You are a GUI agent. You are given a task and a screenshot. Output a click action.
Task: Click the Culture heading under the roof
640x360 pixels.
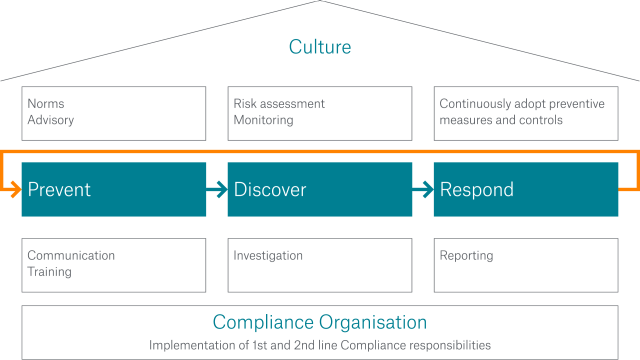320,47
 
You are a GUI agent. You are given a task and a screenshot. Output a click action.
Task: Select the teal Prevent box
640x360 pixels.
114,189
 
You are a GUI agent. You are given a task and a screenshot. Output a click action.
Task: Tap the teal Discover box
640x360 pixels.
320,189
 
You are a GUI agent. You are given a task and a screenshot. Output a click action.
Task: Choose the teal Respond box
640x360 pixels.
520,189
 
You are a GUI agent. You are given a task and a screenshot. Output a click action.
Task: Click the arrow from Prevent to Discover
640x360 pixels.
217,189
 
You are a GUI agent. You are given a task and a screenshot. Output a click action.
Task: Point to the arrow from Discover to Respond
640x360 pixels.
423,189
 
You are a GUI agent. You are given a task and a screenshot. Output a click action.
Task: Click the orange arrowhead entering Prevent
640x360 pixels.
15,189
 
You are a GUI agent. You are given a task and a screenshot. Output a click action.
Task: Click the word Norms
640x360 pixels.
46,104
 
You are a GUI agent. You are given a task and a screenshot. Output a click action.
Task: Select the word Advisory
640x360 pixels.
51,120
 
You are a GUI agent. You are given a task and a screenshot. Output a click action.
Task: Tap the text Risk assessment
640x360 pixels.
279,104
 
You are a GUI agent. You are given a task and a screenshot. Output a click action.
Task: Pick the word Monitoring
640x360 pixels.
263,120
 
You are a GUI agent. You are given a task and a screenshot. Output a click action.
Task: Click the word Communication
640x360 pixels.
71,255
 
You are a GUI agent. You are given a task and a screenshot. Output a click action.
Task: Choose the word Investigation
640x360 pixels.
268,255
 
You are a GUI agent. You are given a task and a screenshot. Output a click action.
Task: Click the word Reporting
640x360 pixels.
466,255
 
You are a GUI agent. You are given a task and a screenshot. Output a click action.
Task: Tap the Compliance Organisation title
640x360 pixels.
320,323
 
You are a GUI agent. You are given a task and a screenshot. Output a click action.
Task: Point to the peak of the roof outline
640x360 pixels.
320,2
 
